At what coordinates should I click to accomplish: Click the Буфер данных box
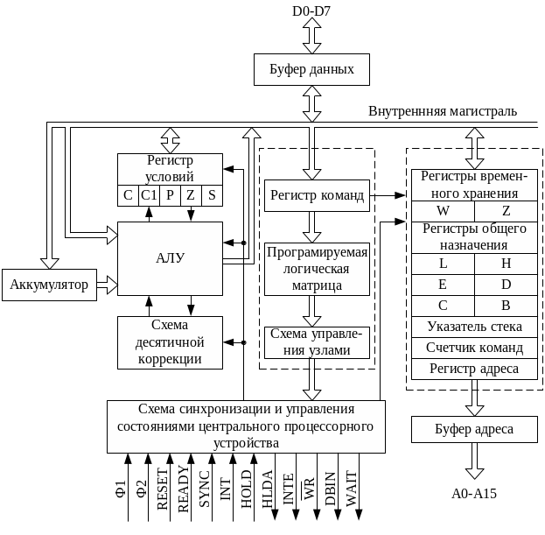[x=311, y=69]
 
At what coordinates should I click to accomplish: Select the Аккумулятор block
[x=50, y=285]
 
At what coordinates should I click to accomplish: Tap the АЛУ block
[x=170, y=257]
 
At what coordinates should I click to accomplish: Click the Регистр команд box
[x=316, y=195]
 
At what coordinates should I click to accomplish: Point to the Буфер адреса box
[x=474, y=429]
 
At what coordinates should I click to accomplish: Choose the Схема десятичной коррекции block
[x=170, y=341]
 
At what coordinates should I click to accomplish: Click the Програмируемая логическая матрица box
[x=316, y=270]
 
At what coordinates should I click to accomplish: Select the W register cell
[x=443, y=211]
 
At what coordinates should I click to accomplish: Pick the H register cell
[x=506, y=264]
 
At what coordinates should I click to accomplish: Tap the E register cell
[x=443, y=285]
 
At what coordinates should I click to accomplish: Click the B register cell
[x=506, y=306]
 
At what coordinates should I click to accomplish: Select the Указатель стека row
[x=474, y=327]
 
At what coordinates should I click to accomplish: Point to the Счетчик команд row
[x=474, y=348]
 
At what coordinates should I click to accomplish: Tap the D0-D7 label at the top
[x=312, y=10]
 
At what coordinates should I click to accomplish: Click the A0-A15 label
[x=474, y=494]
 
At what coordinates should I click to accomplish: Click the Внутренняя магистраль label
[x=442, y=112]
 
